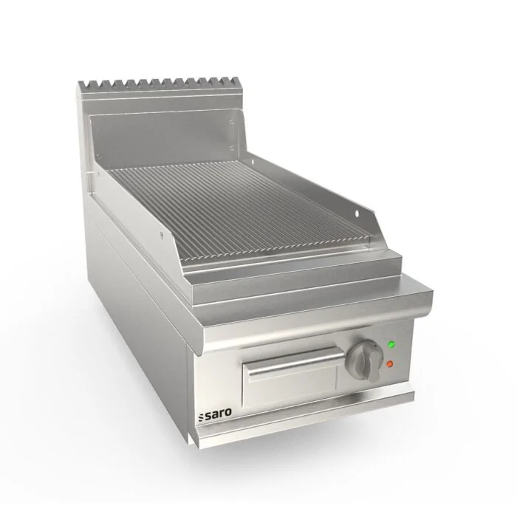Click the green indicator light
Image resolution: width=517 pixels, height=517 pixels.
point(391,345)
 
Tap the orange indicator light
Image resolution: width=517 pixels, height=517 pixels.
point(390,364)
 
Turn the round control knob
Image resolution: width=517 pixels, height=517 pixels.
point(364,360)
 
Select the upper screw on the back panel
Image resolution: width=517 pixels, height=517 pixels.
point(232,122)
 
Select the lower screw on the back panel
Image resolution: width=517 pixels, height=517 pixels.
point(232,148)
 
